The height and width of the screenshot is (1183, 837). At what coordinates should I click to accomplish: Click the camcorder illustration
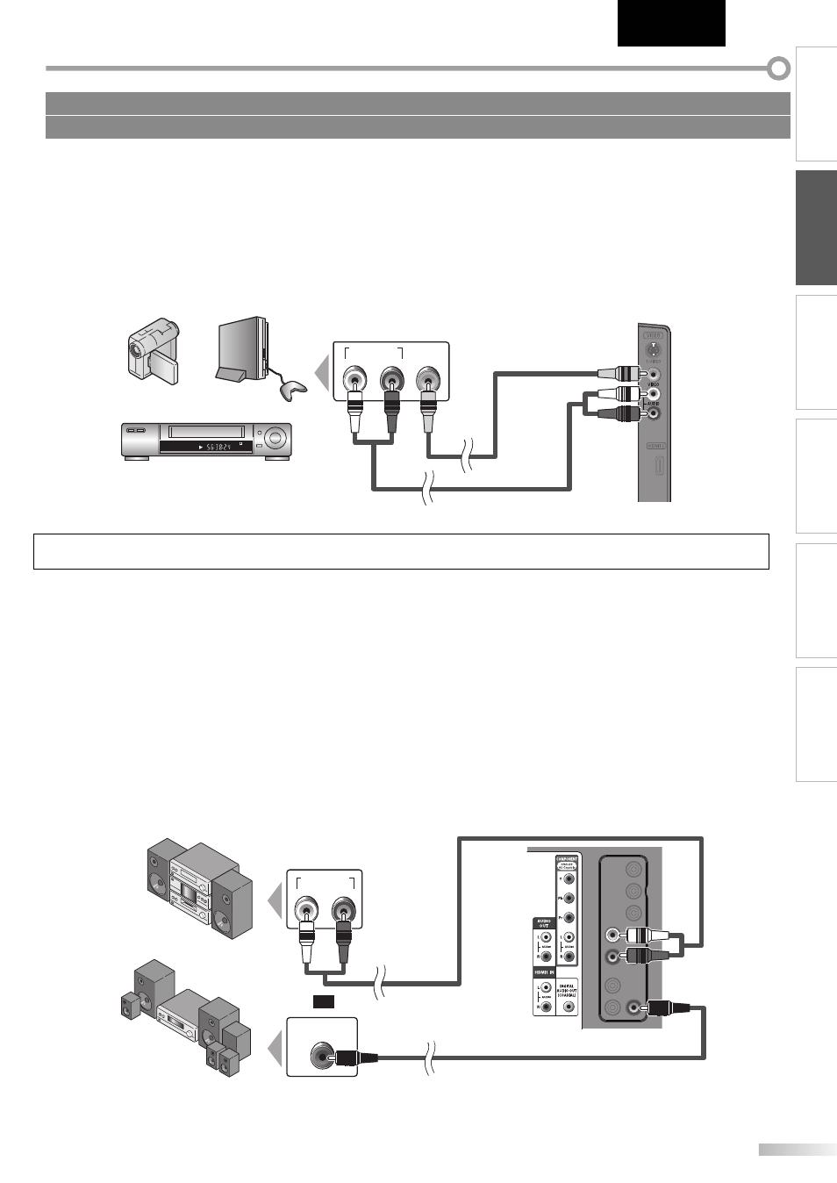click(154, 351)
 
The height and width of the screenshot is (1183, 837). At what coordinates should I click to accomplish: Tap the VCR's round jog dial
click(277, 436)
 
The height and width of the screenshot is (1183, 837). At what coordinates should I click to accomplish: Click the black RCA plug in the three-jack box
click(391, 408)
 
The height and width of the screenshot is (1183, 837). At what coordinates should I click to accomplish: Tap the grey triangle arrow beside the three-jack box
click(322, 372)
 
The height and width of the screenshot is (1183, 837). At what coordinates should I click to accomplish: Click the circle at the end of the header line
click(778, 68)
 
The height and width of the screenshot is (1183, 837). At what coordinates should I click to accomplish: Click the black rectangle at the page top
click(671, 23)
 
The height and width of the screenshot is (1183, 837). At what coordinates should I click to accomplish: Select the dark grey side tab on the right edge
click(816, 228)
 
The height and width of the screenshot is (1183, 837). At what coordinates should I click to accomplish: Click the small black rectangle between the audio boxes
click(324, 1001)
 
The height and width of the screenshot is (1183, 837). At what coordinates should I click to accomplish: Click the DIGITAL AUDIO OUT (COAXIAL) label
click(567, 990)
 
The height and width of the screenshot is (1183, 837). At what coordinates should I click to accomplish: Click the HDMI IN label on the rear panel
click(544, 972)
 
